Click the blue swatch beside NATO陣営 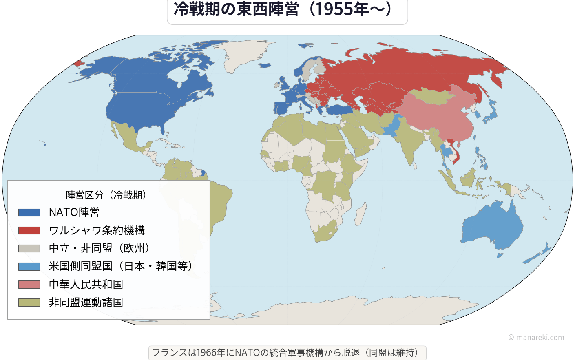coord(29,212)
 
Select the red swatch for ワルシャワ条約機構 coord(29,230)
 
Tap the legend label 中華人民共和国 coord(86,284)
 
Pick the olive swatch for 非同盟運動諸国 coord(29,303)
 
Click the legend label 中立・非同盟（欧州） coord(99,248)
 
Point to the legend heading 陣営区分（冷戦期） coord(106,195)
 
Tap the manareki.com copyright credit coord(536,338)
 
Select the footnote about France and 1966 coord(287,353)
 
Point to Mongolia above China coord(432,97)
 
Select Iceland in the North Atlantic coord(265,65)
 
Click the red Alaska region coord(79,63)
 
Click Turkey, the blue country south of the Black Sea coord(338,109)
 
